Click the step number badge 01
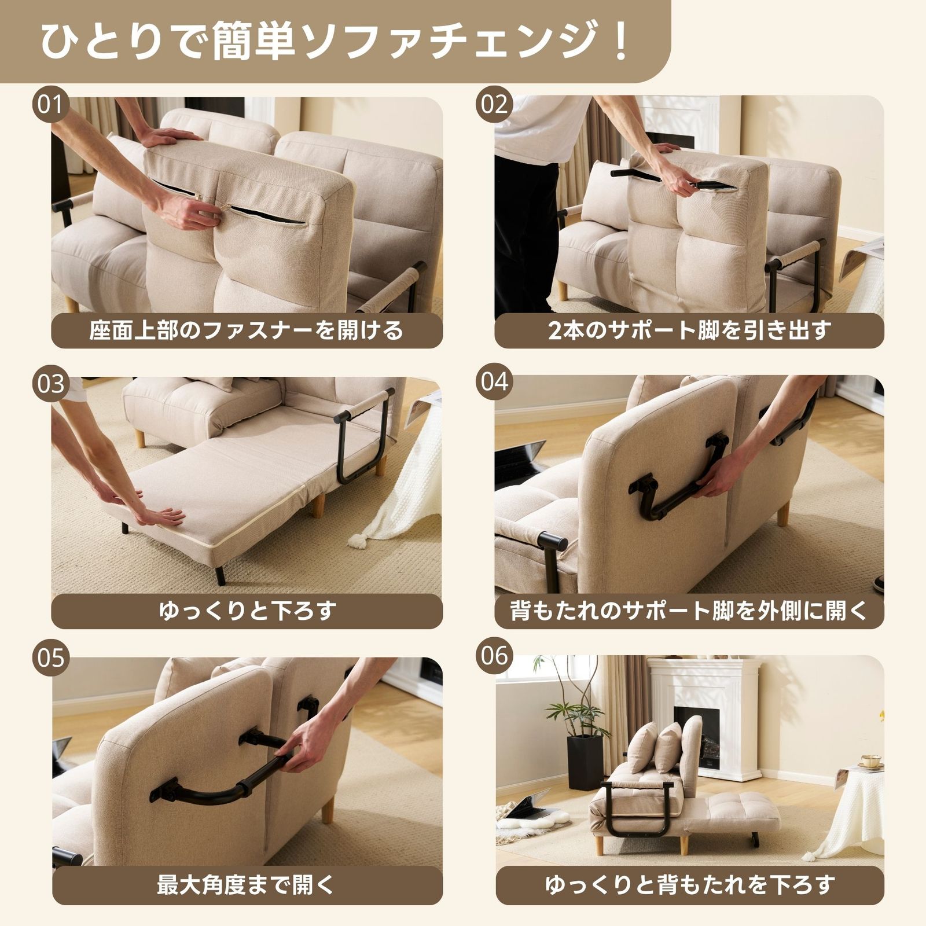[x=50, y=105]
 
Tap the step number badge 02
[x=494, y=105]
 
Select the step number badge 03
[x=50, y=383]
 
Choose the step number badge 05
[x=50, y=659]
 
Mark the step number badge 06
[x=494, y=656]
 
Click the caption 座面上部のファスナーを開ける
[x=247, y=330]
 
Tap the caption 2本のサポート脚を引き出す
[x=689, y=330]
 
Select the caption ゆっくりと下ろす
[x=247, y=611]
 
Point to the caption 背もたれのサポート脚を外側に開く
[x=689, y=611]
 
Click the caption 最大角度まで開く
[x=247, y=885]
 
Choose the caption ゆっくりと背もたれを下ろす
[x=689, y=885]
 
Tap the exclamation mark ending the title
[x=622, y=42]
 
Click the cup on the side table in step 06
[x=870, y=760]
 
